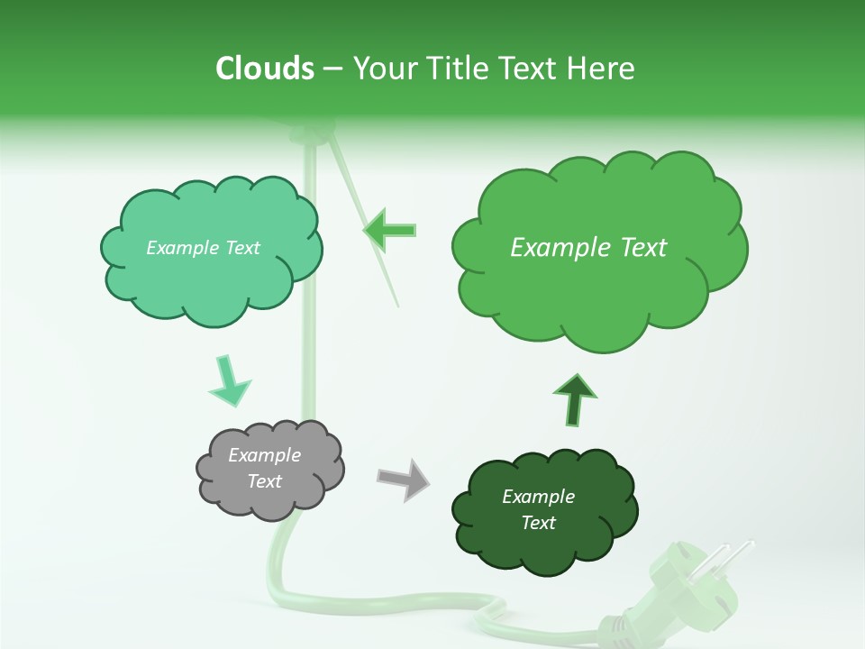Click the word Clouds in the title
264,69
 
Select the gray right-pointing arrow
404,479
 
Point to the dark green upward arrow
574,400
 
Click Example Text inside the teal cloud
203,248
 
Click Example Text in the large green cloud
588,248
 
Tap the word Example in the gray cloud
264,455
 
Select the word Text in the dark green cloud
538,523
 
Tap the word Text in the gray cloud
264,481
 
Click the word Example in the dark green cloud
538,497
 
